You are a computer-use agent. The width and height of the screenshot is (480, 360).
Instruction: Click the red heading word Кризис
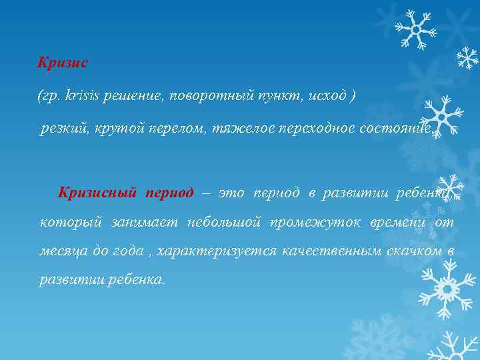pyautogui.click(x=63, y=63)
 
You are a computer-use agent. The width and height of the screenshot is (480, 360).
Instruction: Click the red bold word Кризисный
pyautogui.click(x=97, y=193)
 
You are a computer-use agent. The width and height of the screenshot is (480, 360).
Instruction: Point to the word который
pyautogui.click(x=65, y=222)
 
